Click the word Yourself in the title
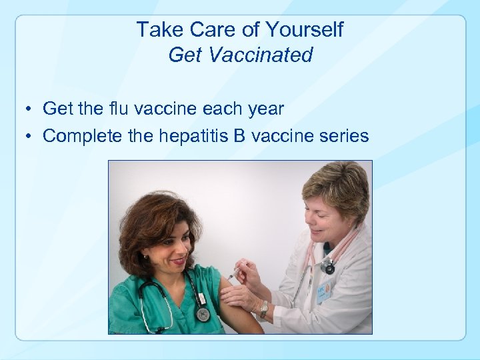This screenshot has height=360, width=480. coord(304,29)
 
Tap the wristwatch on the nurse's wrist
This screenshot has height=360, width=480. coord(264,309)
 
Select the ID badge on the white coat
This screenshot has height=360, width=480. coord(324,291)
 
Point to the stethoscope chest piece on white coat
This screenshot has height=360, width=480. coord(327,267)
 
